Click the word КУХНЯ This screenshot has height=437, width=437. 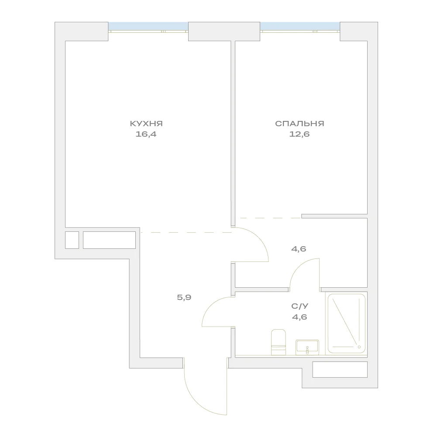(x=146, y=124)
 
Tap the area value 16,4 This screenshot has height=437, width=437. (x=146, y=134)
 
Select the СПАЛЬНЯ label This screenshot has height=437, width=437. (x=299, y=124)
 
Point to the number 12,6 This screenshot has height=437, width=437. (x=299, y=134)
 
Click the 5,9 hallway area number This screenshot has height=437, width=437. (x=184, y=297)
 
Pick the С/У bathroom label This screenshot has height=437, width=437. (x=300, y=306)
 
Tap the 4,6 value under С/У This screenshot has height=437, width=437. (x=299, y=317)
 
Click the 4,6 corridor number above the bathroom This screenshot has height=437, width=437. (x=299, y=248)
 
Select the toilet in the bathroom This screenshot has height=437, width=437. (x=279, y=342)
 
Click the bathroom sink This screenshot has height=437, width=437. (x=307, y=347)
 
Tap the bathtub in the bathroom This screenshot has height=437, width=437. (x=347, y=323)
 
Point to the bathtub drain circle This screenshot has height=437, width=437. (x=359, y=347)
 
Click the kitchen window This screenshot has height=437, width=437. (x=148, y=27)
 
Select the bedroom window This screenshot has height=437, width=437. (x=300, y=27)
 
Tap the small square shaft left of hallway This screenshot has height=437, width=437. (x=72, y=240)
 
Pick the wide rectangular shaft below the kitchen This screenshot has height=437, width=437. (x=109, y=240)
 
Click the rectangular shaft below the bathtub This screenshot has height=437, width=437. (x=340, y=370)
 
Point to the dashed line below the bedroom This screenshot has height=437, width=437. (x=270, y=218)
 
